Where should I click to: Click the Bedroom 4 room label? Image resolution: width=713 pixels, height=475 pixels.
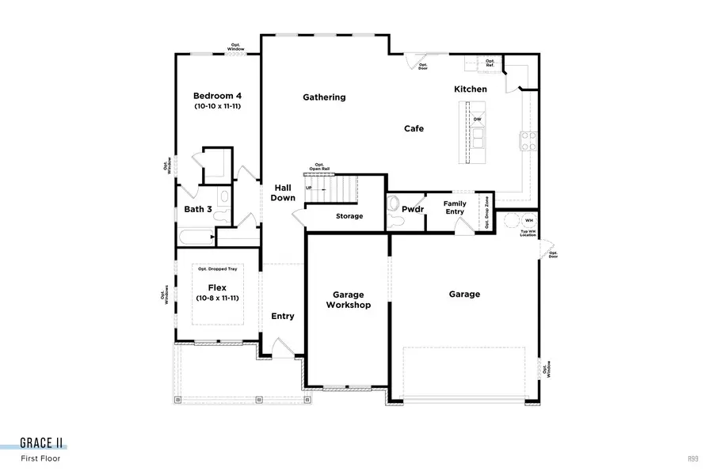[217, 96]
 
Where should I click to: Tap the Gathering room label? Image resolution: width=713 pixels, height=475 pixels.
[324, 97]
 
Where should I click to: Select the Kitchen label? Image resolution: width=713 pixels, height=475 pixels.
[470, 89]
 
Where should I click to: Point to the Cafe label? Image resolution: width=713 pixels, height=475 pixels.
[414, 128]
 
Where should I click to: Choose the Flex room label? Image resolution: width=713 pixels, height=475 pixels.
[218, 287]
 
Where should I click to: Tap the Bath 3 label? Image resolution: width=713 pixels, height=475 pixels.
[198, 210]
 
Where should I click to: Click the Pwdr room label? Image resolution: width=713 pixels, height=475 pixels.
[413, 210]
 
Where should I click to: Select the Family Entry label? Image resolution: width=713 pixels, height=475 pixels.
[455, 207]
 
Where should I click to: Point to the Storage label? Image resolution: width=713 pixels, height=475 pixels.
[349, 216]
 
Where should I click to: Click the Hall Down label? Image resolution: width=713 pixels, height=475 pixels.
[283, 192]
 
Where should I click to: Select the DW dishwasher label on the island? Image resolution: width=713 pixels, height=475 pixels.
[477, 120]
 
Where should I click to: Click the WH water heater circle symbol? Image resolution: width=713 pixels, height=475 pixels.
[510, 219]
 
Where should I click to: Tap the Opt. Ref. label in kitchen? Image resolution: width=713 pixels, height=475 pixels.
[490, 63]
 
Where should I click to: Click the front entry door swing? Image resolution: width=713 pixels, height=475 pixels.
[282, 347]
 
